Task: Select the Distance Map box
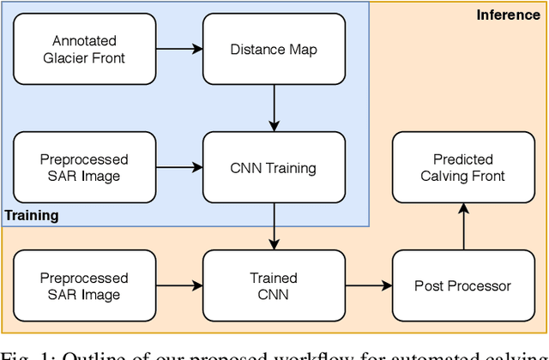click(274, 49)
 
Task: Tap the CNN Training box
click(274, 167)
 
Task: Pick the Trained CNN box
click(274, 286)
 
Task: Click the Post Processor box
click(462, 286)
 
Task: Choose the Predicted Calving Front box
click(462, 167)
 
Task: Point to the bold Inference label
click(508, 15)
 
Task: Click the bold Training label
click(32, 215)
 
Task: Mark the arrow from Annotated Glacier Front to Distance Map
click(179, 49)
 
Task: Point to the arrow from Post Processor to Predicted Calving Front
click(462, 226)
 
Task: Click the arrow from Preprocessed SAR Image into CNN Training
click(179, 167)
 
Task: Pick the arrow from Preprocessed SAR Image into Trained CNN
click(179, 286)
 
